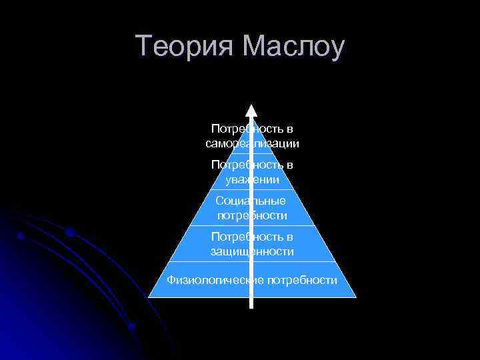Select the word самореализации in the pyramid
252,143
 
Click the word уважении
252,179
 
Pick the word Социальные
251,201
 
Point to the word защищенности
252,251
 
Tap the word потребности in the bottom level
302,280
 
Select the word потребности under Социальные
252,215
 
